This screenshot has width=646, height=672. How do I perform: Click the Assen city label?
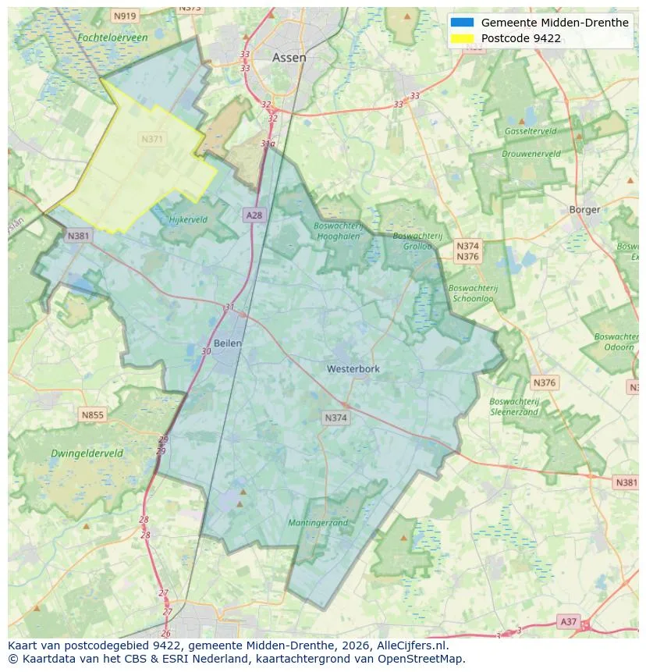289,58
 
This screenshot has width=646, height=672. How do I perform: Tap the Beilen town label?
228,343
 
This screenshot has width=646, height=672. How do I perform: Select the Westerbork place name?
353,368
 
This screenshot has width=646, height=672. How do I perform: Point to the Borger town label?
584,209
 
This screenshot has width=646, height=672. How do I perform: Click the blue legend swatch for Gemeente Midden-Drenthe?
462,23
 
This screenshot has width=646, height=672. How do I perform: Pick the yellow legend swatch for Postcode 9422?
462,38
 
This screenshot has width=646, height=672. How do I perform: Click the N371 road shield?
152,139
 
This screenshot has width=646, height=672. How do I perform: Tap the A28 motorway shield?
254,215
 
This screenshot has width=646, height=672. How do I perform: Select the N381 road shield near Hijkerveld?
78,236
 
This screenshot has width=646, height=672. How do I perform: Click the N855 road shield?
92,415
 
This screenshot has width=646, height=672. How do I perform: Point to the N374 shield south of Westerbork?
335,418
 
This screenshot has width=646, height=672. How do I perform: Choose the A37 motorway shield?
568,621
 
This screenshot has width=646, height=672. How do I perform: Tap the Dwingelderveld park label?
87,453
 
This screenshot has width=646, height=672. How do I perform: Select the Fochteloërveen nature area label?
112,37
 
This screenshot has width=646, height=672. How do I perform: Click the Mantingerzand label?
318,523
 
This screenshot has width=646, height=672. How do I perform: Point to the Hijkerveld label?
188,220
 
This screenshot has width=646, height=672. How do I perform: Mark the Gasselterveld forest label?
530,131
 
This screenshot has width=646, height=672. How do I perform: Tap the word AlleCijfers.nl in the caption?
410,646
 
